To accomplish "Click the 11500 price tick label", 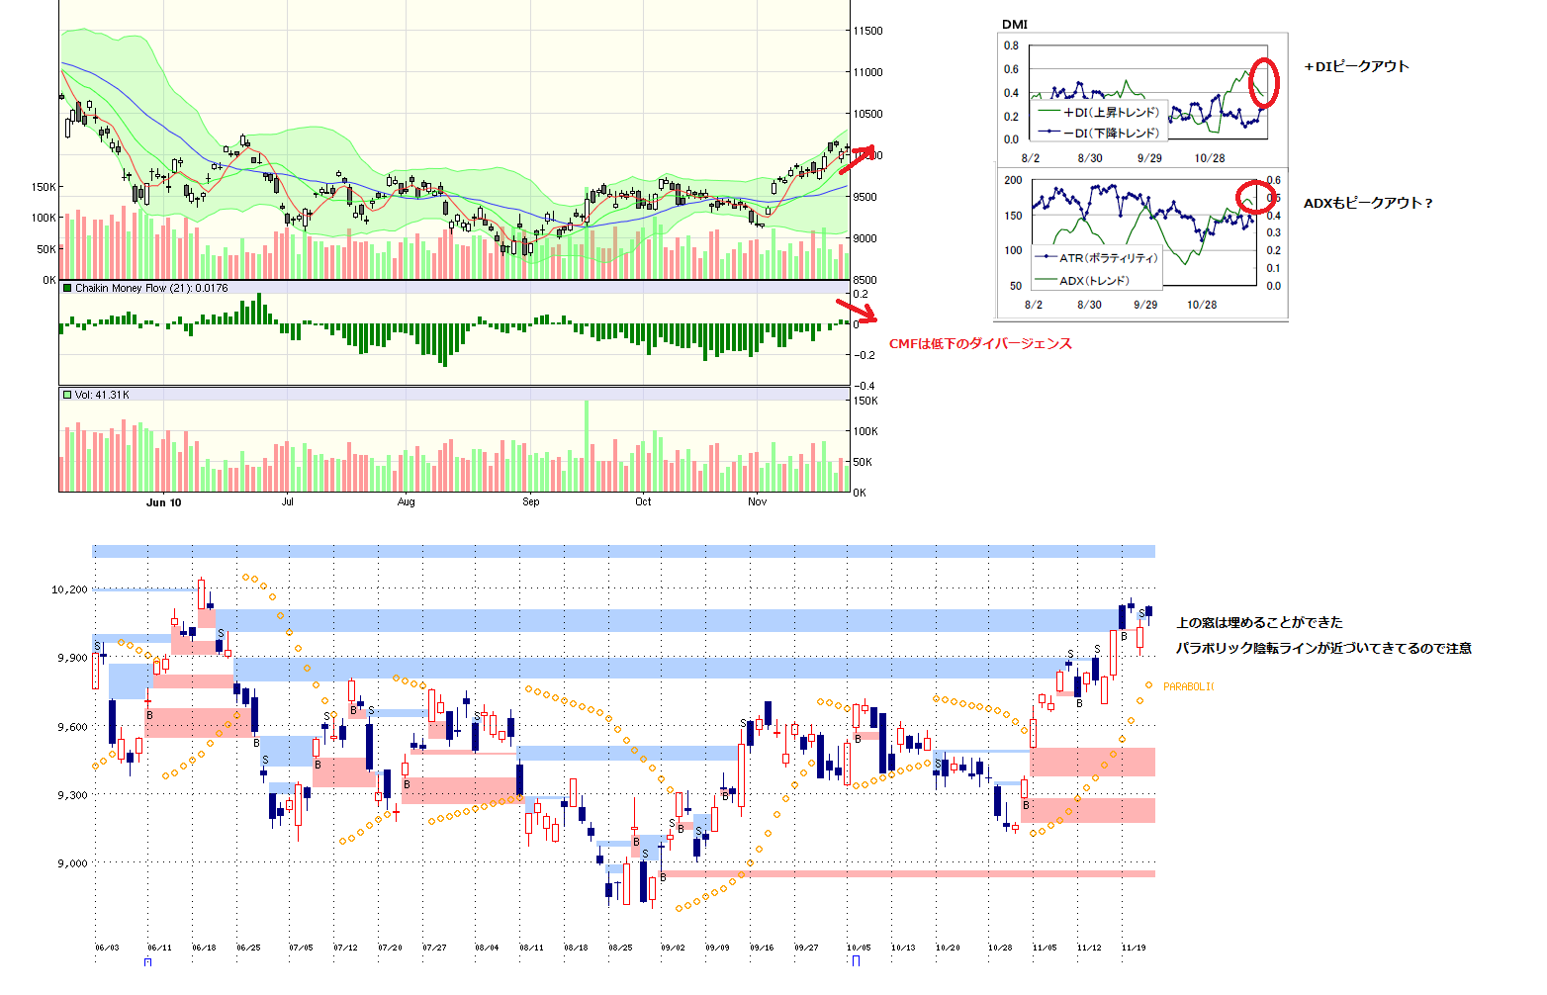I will [x=867, y=32].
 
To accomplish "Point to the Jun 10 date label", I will [x=163, y=502].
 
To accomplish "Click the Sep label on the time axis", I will [x=531, y=502].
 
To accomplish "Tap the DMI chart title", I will [x=1014, y=25].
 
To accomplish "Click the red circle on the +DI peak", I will [x=1264, y=82].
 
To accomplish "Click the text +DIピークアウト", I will [x=1356, y=67].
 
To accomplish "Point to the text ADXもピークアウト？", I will [x=1368, y=204].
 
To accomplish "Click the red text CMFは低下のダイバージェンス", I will [x=980, y=344].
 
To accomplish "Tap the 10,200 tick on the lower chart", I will [x=69, y=589].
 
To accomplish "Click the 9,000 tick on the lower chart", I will [x=71, y=863].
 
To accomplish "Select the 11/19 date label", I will [x=1134, y=948].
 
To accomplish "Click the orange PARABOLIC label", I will [x=1188, y=686].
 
